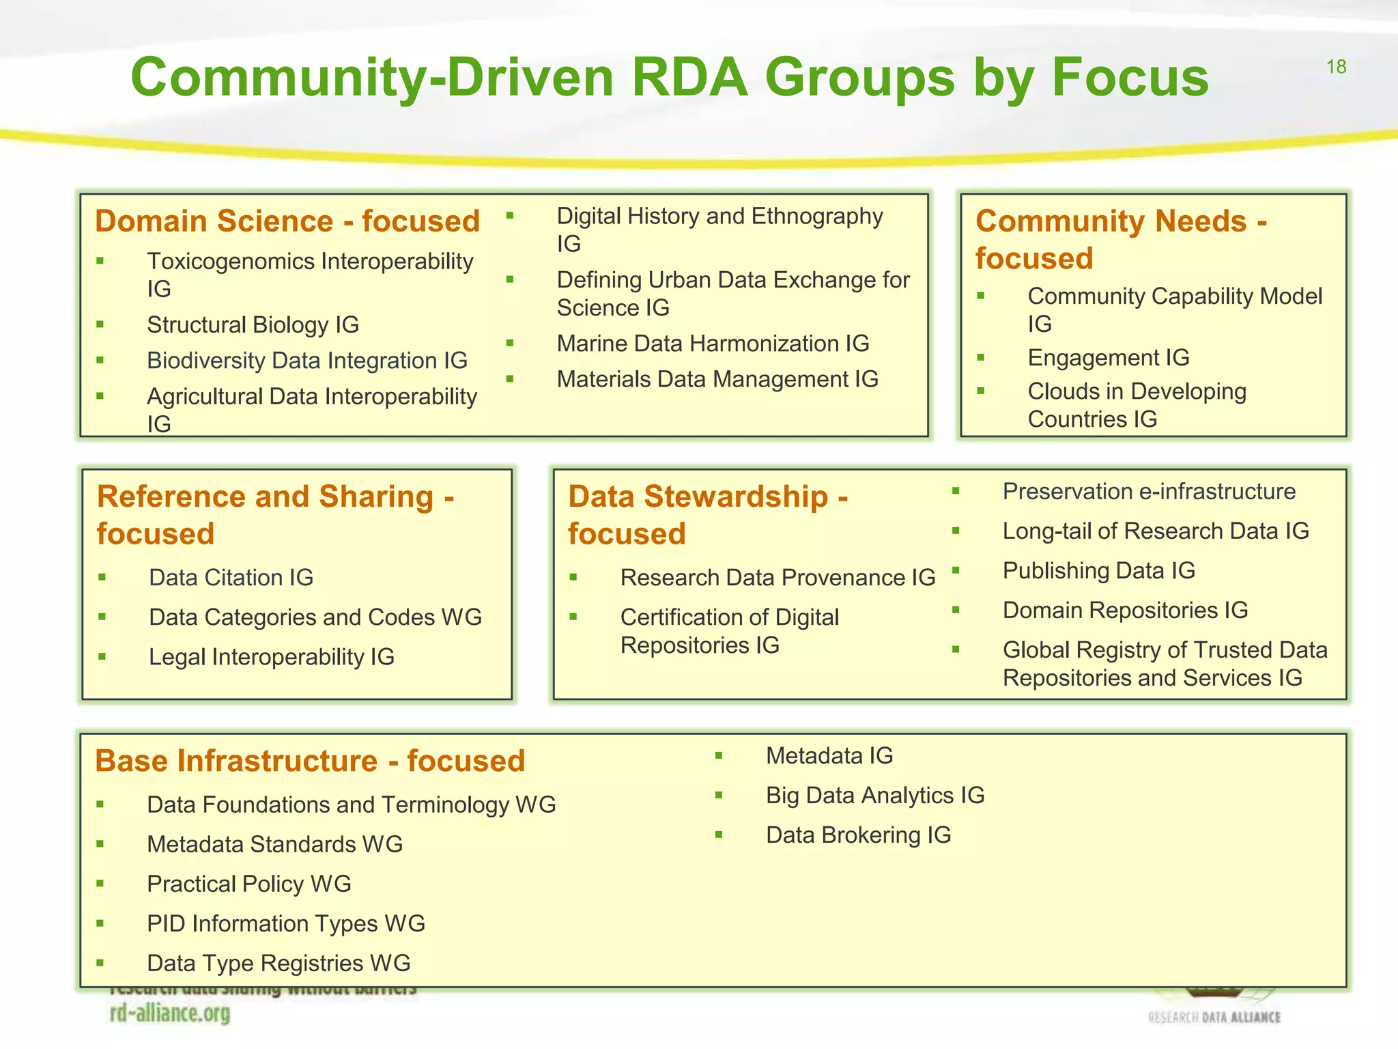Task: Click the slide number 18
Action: [1336, 67]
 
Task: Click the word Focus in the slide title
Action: [1130, 77]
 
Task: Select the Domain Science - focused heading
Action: [287, 221]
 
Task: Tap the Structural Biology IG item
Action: [253, 324]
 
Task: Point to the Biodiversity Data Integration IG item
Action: [307, 361]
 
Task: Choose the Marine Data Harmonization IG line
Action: [713, 343]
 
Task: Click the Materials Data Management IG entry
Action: [717, 379]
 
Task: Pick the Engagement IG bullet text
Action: [1109, 357]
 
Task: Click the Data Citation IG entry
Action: [231, 578]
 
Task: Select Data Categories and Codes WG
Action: [315, 617]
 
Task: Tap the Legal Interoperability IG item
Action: [272, 657]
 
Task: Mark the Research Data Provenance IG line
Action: [778, 578]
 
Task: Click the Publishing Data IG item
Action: [1098, 570]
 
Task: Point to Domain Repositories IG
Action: [1125, 610]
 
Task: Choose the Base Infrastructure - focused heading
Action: [310, 761]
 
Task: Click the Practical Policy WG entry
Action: [249, 884]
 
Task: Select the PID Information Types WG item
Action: [286, 923]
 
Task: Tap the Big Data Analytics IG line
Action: [875, 795]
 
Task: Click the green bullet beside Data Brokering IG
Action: [719, 835]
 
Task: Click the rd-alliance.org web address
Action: [170, 1013]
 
